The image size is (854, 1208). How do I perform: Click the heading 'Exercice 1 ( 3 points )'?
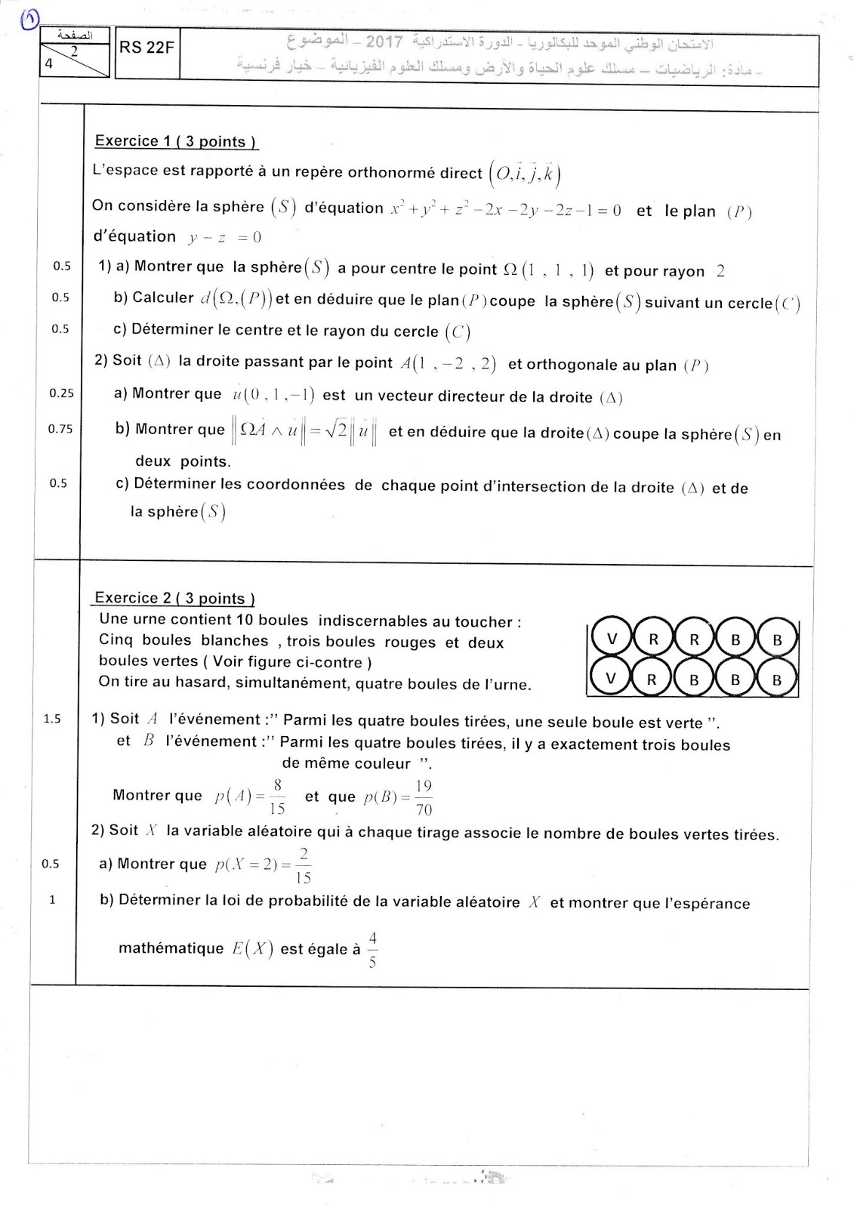coord(175,141)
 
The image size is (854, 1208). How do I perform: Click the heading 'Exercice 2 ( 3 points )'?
coord(174,598)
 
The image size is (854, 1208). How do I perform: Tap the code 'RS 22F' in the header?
coord(146,48)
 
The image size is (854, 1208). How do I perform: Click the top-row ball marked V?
coord(612,639)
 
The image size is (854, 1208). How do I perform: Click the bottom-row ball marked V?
coord(612,679)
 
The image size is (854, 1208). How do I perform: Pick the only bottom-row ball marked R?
coord(652,679)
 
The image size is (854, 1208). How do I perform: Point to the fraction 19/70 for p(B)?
coord(424,798)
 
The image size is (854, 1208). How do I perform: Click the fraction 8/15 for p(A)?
coord(277,797)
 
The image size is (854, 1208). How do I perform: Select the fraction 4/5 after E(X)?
coord(372,951)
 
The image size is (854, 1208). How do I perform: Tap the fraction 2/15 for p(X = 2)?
coord(303,865)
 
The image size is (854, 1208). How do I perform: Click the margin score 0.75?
coord(60,429)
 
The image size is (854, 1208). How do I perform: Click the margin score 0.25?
coord(61,393)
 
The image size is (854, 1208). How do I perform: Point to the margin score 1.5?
coord(52,719)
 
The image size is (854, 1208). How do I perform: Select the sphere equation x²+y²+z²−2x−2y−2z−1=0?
coord(505,210)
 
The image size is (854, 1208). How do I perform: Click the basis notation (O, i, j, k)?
coord(525,173)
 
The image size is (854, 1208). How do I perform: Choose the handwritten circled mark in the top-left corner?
coord(30,17)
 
